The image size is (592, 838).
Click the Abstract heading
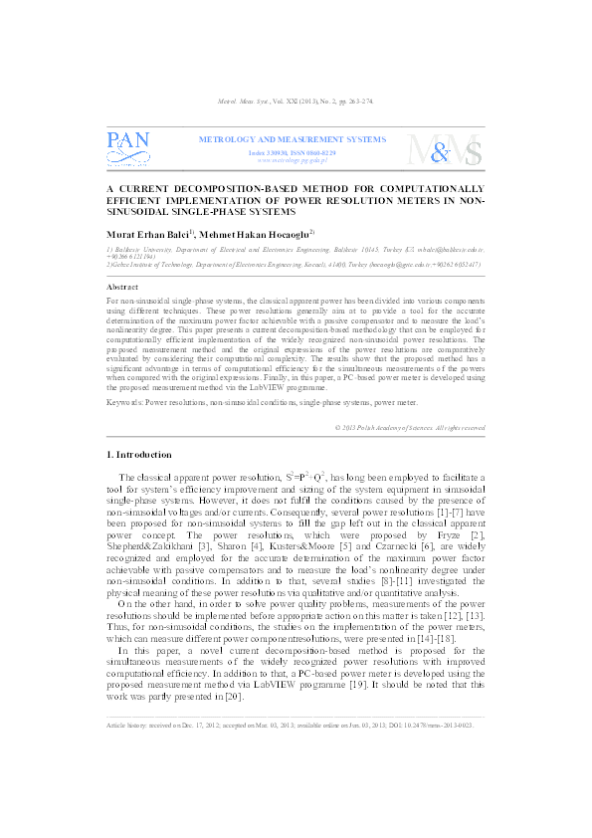tap(121, 286)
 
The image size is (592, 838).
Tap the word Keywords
tap(124, 374)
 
